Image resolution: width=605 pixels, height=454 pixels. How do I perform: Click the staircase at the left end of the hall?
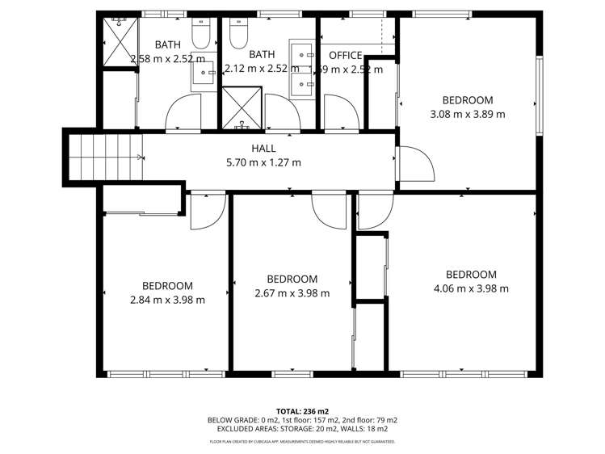[x=105, y=157]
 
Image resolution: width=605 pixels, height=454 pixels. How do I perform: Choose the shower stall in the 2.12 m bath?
[x=242, y=108]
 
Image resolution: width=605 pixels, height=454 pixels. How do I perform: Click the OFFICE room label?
[x=345, y=55]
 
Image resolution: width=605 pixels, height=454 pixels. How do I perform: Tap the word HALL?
[x=263, y=149]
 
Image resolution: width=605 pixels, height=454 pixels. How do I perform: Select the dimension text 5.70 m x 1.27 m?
[x=263, y=162]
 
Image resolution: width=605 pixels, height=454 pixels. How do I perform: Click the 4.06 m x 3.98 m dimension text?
[x=471, y=288]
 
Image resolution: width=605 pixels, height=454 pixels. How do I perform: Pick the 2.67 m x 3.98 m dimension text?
[x=292, y=293]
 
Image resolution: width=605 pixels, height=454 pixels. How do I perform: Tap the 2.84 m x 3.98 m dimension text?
[x=167, y=299]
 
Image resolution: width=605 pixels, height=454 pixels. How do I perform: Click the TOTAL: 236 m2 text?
[x=302, y=410]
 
